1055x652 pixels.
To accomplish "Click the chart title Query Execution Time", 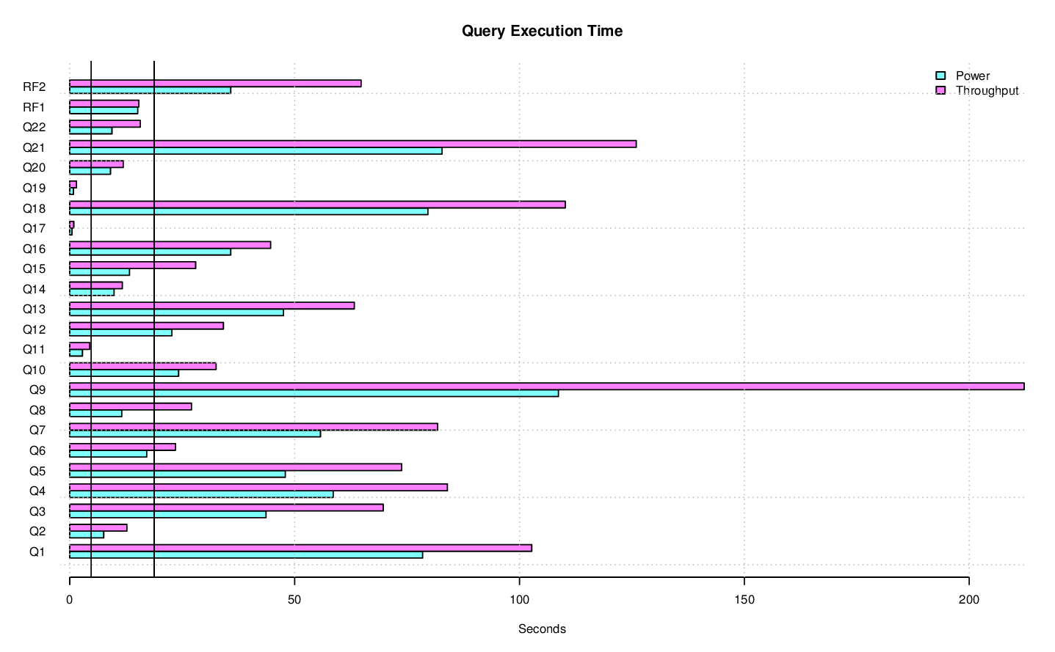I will point(542,31).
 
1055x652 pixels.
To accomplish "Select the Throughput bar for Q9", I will point(546,387).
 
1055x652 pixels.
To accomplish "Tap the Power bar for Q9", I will point(313,393).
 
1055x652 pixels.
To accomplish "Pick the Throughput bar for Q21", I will point(352,144).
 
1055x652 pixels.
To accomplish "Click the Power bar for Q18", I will point(248,212).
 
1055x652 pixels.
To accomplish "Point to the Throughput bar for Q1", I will point(300,548).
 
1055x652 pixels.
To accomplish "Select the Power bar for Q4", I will point(201,494).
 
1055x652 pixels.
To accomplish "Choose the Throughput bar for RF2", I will point(215,84).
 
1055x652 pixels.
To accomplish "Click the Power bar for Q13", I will point(176,312).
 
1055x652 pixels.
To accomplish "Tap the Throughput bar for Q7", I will point(253,427).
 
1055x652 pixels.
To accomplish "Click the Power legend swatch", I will point(940,76).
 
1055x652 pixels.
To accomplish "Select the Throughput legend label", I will point(987,90).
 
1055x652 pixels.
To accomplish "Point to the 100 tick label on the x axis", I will point(519,599).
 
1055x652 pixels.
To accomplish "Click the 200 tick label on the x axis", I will point(968,599).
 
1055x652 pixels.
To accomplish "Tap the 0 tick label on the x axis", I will point(70,599).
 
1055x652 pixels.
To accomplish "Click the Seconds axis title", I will point(542,629).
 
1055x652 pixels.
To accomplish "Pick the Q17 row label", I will point(34,229).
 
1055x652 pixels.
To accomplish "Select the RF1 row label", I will point(34,107).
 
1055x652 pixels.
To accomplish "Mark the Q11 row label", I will point(34,350).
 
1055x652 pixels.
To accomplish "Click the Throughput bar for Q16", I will point(170,245).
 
